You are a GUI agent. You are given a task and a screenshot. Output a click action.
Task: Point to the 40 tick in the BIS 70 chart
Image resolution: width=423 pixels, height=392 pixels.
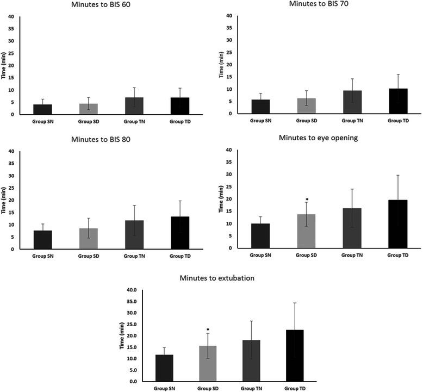pos(228,16)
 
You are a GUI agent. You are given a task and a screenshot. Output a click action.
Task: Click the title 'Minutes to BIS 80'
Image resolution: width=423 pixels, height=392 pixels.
pos(105,139)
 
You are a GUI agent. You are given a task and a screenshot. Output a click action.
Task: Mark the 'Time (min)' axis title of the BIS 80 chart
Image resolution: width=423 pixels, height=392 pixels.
pos(4,200)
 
